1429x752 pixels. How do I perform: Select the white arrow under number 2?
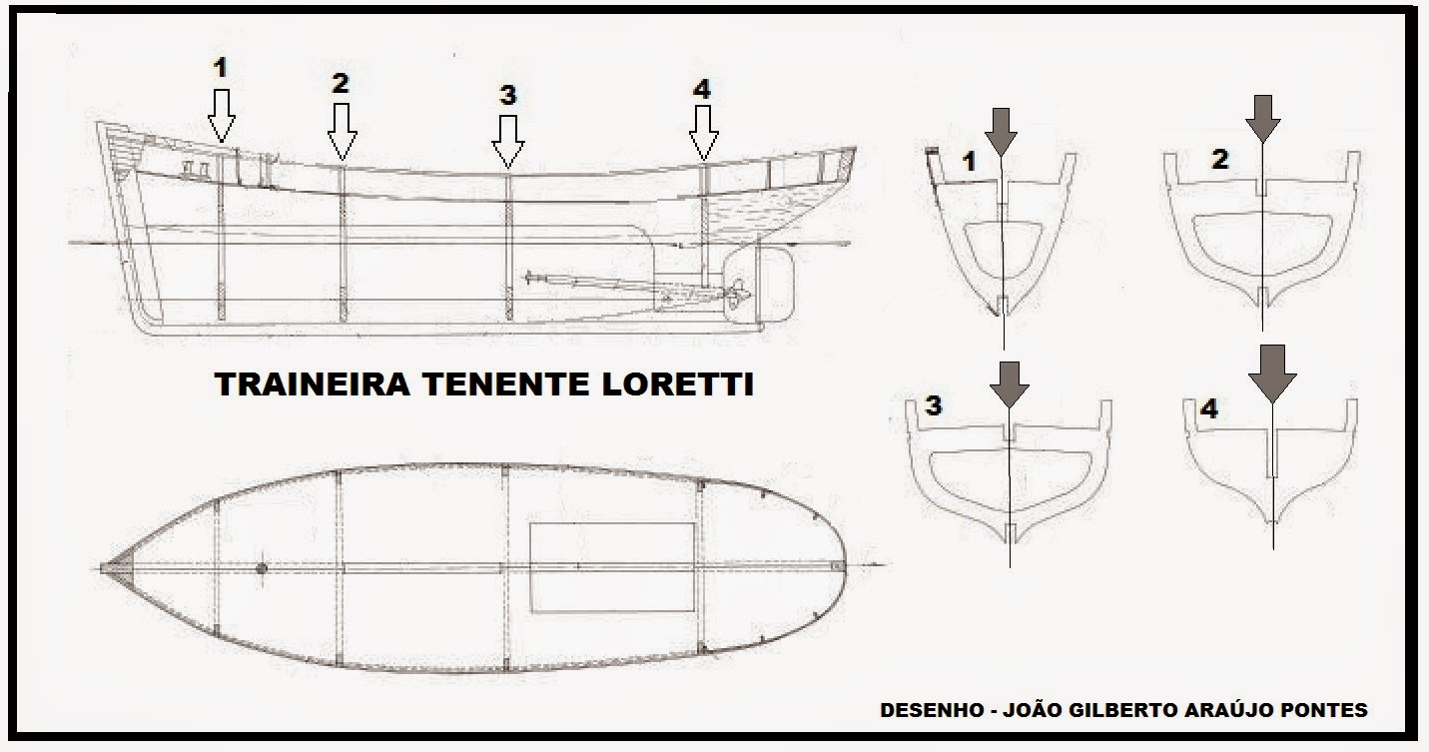pos(342,131)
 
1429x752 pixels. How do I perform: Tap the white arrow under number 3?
pos(508,140)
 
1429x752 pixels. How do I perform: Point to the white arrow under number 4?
pos(703,132)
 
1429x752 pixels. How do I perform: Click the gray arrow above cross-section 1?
pos(1002,129)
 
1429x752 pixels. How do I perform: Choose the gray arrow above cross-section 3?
pos(1009,380)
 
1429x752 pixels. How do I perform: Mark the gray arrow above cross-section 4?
pos(1271,373)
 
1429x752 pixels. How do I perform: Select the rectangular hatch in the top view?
pos(611,566)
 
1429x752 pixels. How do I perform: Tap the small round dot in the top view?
pos(263,569)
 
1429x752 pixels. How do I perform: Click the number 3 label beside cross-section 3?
pos(933,405)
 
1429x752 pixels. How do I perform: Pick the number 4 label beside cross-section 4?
pos(1208,409)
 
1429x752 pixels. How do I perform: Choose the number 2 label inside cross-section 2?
pos(1219,160)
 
